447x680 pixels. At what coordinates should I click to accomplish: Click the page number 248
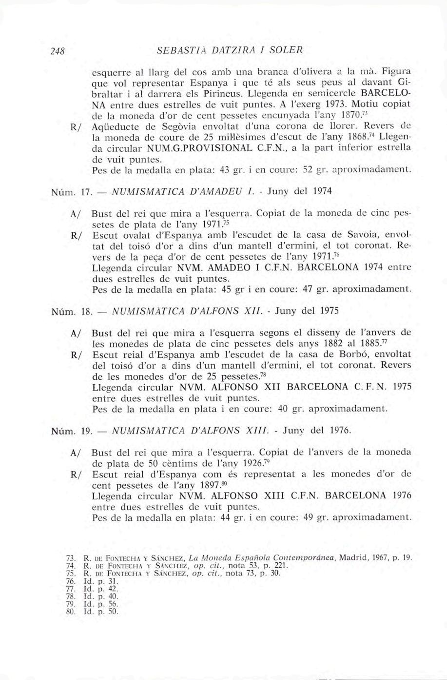click(x=64, y=50)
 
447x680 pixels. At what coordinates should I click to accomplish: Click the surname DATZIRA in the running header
click(x=226, y=50)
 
